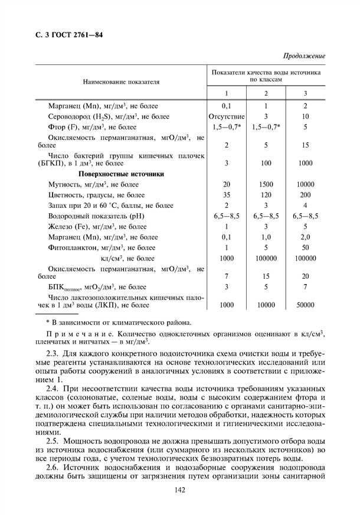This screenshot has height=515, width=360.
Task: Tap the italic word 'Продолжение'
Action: click(x=305, y=56)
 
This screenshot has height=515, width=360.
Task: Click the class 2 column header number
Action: click(x=266, y=93)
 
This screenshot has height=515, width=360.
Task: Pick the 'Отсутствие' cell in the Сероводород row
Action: click(x=226, y=116)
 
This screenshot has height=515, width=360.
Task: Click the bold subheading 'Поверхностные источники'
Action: click(x=121, y=174)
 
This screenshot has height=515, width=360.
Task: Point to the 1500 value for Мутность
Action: click(x=266, y=185)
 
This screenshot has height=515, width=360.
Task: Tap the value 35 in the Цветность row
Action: click(x=226, y=195)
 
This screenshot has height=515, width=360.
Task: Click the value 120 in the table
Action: click(x=266, y=195)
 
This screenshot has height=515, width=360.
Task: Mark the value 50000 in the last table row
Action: click(x=305, y=305)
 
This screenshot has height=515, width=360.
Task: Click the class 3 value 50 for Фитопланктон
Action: click(x=305, y=247)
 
